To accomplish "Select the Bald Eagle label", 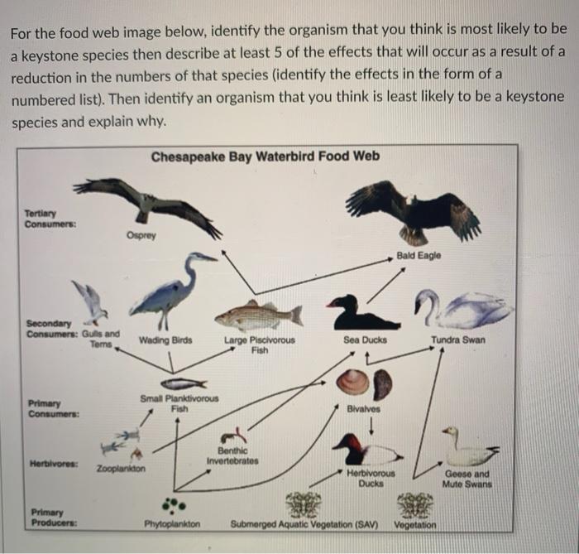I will click(419, 256).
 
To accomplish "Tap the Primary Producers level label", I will click(50, 518).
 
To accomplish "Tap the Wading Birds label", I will click(161, 340).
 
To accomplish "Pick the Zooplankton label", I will click(121, 469).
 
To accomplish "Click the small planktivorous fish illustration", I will click(181, 385).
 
